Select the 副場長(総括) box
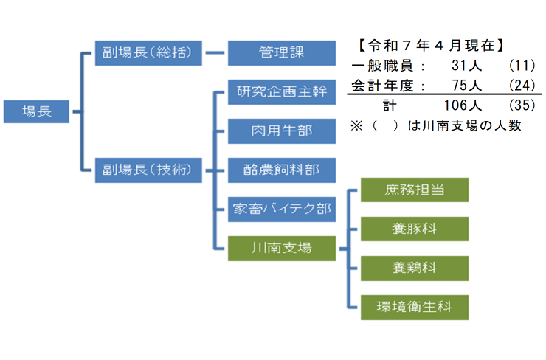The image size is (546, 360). point(148,53)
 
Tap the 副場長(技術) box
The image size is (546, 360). point(148,170)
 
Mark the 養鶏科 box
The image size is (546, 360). point(415,266)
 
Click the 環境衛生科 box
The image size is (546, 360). point(415,305)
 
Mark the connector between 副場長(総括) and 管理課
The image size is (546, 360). point(214,53)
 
